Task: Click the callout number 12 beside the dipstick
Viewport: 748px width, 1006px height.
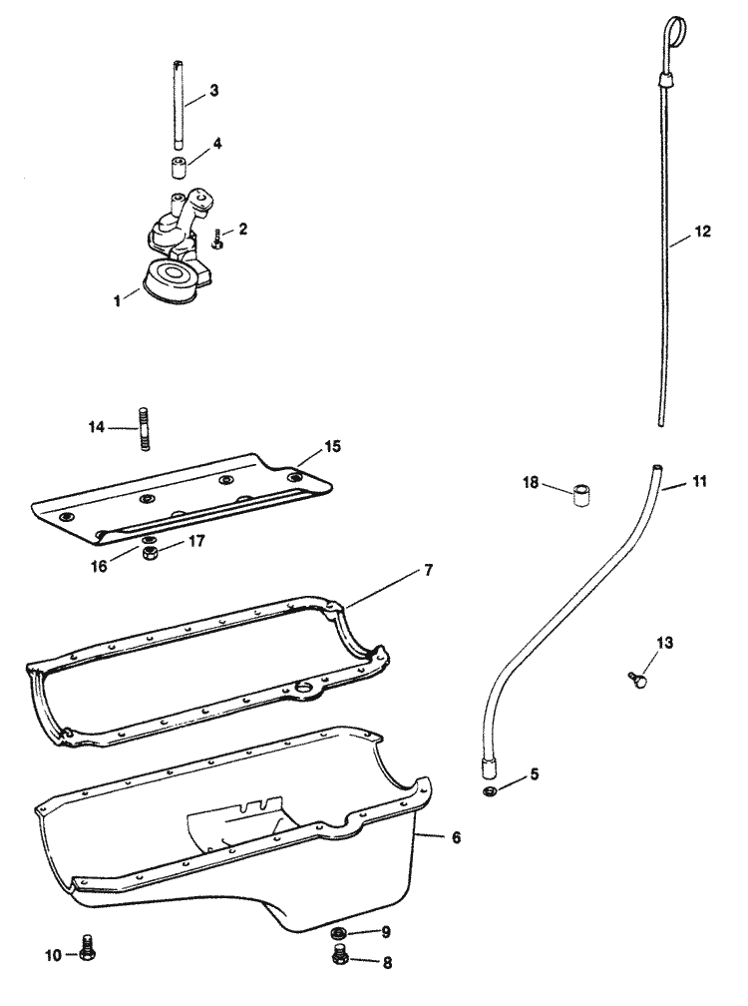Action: [704, 233]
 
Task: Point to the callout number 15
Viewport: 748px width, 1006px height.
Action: [332, 446]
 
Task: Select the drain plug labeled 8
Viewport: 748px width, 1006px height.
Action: [340, 960]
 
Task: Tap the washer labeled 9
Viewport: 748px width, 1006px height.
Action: [340, 934]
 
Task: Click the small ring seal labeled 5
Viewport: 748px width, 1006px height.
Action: [490, 791]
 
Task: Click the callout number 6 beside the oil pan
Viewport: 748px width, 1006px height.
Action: [456, 837]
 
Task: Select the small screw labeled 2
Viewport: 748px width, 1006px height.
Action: [217, 239]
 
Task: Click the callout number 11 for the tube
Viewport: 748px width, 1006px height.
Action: [699, 481]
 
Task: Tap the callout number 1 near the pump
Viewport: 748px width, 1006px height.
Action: [119, 297]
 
